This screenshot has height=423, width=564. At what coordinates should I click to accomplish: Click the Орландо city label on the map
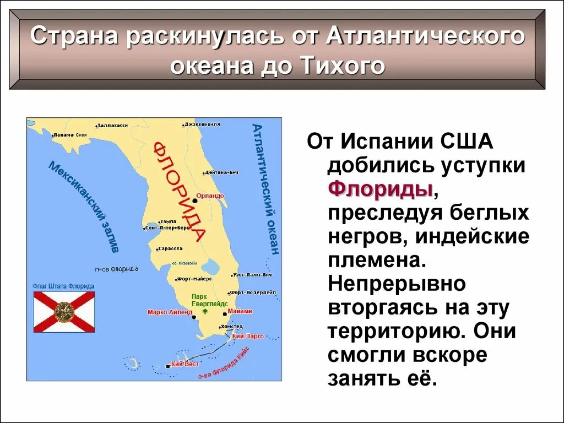213,196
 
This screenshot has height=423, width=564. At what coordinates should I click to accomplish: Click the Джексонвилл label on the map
202,124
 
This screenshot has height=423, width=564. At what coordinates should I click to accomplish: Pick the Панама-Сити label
70,134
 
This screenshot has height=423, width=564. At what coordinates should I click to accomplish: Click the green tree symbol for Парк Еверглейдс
205,311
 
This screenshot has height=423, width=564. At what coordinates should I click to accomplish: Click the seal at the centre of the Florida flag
64,312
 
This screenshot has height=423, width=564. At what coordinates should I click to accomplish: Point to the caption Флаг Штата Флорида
64,286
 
